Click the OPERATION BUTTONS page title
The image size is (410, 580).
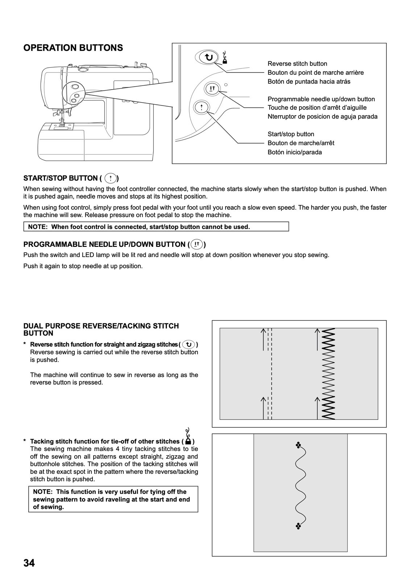point(73,48)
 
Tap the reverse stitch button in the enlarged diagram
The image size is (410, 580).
point(208,57)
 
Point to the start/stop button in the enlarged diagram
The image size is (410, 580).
point(202,107)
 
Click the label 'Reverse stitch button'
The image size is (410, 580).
point(297,64)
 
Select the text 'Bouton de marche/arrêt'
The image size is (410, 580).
point(301,143)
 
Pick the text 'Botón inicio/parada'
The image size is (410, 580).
point(295,152)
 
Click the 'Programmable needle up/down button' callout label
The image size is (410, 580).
point(321,99)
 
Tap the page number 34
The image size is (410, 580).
point(29,563)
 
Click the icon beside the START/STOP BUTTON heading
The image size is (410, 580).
point(110,178)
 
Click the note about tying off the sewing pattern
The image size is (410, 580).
point(113,499)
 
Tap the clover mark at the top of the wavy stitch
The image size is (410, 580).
point(298,445)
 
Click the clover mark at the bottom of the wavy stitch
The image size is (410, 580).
point(298,526)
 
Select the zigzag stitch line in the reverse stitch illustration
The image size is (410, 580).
point(330,373)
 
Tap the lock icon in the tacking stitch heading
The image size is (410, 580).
point(188,441)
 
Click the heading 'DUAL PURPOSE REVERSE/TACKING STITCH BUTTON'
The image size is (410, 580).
point(101,330)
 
